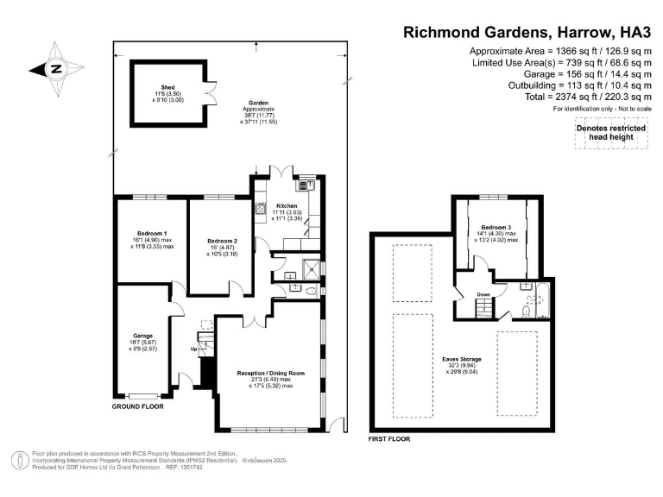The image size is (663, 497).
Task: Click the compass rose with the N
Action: [x=55, y=68]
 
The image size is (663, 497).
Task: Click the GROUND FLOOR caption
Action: [x=138, y=406]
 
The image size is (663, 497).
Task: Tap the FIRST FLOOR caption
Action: [x=389, y=438]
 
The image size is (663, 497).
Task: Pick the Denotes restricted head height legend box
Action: [x=611, y=134]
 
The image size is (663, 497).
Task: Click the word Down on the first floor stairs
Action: [x=483, y=294]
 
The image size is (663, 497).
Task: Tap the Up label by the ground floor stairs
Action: [x=193, y=349]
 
